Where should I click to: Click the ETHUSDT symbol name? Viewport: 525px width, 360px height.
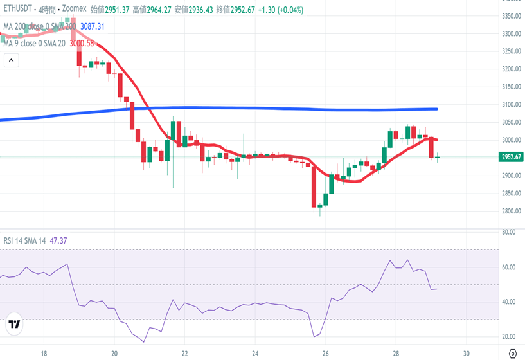(x=18, y=10)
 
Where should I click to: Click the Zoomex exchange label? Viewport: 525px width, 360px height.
(x=75, y=10)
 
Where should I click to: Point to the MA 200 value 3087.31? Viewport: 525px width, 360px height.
(x=92, y=26)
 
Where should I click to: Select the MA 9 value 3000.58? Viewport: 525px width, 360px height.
(x=82, y=43)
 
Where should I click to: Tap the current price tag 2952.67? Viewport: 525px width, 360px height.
(x=511, y=157)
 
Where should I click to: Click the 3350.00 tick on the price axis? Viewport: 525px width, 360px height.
(x=511, y=16)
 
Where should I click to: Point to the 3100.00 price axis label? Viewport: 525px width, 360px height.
(x=511, y=105)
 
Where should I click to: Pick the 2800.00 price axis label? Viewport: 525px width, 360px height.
(x=511, y=211)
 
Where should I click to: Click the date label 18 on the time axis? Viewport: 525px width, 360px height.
(x=44, y=353)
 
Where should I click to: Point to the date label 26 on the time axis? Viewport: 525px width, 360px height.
(x=326, y=353)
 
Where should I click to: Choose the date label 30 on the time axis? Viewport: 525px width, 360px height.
(x=467, y=353)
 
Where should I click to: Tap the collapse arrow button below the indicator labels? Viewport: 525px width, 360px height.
(x=11, y=60)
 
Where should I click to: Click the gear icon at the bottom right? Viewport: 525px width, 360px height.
(x=512, y=353)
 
